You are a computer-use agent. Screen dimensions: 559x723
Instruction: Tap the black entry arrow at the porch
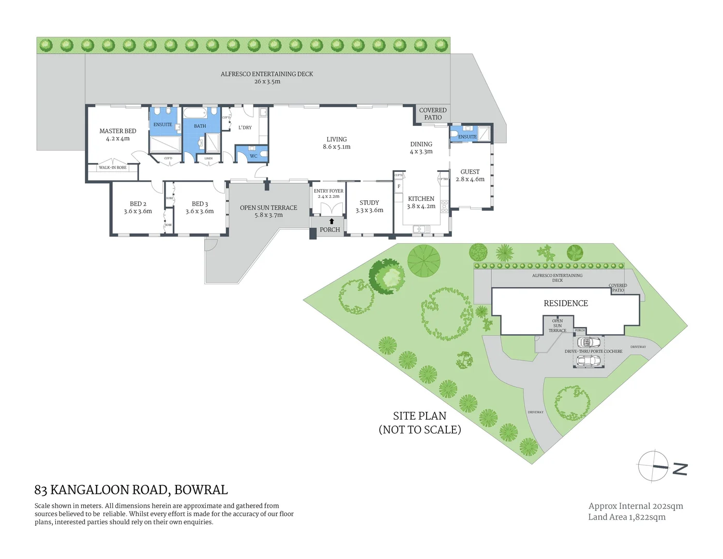pyautogui.click(x=332, y=222)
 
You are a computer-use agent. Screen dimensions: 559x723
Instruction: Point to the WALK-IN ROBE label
pyautogui.click(x=113, y=168)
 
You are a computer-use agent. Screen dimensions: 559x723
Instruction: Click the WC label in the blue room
pyautogui.click(x=253, y=156)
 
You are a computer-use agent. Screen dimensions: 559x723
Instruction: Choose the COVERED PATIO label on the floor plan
pyautogui.click(x=433, y=114)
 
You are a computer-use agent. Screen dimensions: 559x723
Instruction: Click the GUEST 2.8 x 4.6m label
pyautogui.click(x=470, y=175)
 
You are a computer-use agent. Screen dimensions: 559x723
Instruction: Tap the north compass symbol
pyautogui.click(x=654, y=466)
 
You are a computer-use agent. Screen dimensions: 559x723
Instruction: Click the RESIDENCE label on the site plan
pyautogui.click(x=566, y=303)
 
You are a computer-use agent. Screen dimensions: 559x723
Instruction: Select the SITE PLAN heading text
pyautogui.click(x=419, y=416)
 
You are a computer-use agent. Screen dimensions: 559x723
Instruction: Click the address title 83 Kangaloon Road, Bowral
pyautogui.click(x=131, y=490)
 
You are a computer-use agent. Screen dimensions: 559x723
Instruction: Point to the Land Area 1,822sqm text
pyautogui.click(x=627, y=517)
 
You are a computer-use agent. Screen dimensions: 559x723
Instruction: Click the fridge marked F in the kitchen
pyautogui.click(x=399, y=186)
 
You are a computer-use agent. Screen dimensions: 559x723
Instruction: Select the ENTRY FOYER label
pyautogui.click(x=328, y=191)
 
